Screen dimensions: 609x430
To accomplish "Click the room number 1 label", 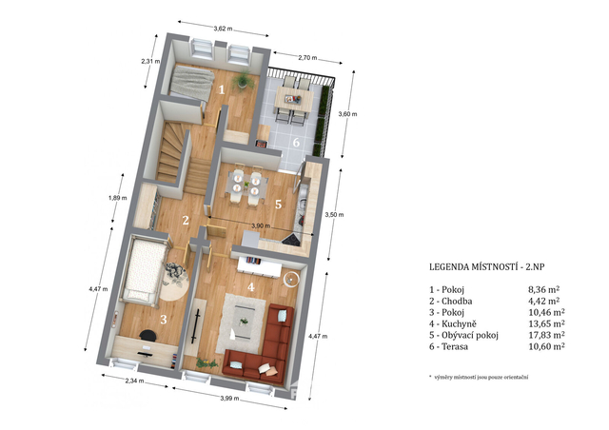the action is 222,89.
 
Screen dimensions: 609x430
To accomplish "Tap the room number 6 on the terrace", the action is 296,142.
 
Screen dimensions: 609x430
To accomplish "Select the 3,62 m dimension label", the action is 223,29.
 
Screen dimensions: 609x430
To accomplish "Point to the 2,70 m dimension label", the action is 307,58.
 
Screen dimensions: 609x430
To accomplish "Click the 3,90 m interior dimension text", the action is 261,225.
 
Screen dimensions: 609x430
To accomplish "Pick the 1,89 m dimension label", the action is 117,198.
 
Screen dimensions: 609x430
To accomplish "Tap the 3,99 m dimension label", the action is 229,399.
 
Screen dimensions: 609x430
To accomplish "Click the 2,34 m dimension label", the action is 134,381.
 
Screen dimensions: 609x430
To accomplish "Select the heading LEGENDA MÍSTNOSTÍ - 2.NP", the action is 487,267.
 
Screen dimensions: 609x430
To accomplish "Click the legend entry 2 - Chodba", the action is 450,301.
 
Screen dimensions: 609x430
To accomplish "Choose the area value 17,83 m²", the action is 546,335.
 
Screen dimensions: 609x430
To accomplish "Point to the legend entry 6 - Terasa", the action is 448,346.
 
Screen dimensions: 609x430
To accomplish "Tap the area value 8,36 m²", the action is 543,289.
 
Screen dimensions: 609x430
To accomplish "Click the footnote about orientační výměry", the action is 479,377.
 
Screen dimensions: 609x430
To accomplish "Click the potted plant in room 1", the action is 243,80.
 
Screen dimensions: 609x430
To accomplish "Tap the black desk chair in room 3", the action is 148,335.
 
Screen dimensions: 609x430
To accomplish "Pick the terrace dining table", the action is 294,99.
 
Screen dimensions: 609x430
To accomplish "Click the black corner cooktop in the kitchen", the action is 291,240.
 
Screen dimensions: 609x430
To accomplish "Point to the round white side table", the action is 291,279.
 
